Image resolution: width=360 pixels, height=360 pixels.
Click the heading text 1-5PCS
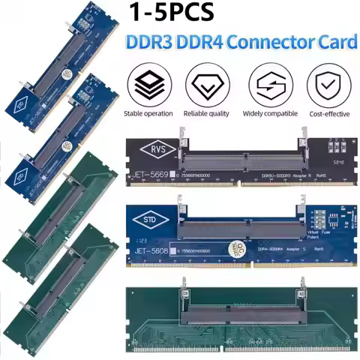tap(181, 13)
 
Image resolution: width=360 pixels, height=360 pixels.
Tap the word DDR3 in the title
tap(152, 43)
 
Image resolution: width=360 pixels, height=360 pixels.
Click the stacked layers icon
tap(148, 85)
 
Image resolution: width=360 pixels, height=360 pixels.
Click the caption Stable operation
tap(148, 114)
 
